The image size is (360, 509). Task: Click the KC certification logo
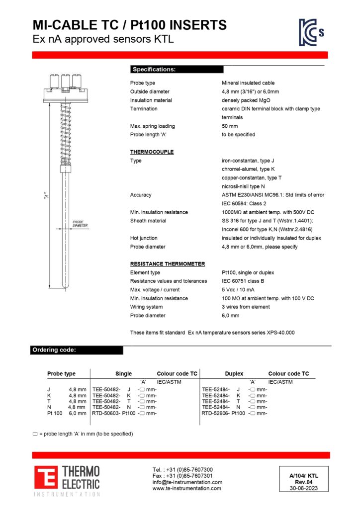click(x=311, y=32)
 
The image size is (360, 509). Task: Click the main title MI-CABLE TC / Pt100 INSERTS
click(x=129, y=25)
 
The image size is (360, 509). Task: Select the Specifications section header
click(x=154, y=70)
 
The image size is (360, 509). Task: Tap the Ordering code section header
click(x=54, y=350)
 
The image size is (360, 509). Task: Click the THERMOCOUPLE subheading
click(x=152, y=152)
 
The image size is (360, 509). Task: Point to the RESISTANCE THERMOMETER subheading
click(x=167, y=264)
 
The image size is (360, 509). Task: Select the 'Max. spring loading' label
click(x=152, y=126)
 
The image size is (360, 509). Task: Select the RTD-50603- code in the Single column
click(x=106, y=413)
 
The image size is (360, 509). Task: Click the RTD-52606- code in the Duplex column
click(x=216, y=413)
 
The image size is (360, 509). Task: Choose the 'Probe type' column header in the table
click(x=61, y=374)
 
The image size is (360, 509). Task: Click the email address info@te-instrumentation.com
click(x=187, y=482)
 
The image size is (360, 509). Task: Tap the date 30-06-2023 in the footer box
click(x=304, y=488)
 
